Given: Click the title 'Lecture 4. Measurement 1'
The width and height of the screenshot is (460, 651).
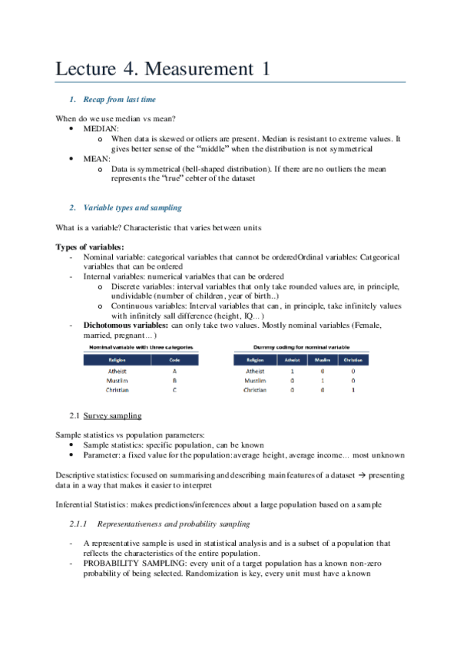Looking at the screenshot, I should tap(163, 68).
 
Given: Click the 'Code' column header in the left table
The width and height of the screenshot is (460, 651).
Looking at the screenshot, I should tap(174, 359).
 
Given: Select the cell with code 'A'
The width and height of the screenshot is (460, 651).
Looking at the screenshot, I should tap(174, 371).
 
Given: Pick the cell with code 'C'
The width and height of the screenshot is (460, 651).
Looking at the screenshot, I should tap(174, 390).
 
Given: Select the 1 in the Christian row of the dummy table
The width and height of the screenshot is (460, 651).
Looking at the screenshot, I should tap(353, 390).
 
